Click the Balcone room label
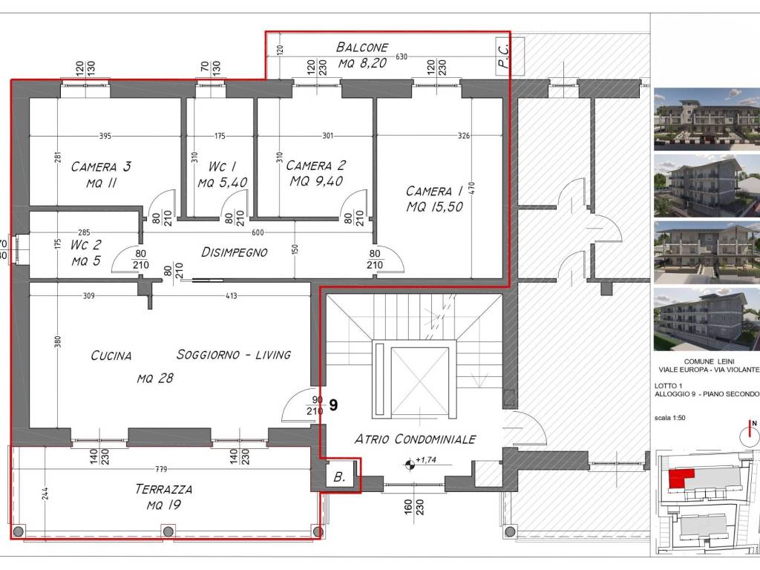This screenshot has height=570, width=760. click(362, 47)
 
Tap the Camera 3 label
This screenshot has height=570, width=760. click(101, 167)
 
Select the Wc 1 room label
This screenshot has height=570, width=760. click(222, 166)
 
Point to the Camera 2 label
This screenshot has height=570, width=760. click(315, 166)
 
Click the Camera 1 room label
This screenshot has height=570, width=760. click(434, 191)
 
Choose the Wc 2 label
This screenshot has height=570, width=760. click(85, 245)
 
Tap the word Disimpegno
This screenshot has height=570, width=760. click(234, 252)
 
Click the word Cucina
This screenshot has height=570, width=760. click(111, 356)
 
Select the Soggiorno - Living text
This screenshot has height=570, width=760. click(234, 355)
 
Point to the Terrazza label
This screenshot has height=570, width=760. click(164, 489)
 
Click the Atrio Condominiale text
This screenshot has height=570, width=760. click(416, 439)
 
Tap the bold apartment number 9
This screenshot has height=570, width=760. click(333, 404)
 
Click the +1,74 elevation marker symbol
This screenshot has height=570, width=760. click(410, 465)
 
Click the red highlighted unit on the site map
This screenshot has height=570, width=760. click(681, 478)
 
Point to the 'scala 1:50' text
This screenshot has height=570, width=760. click(669, 418)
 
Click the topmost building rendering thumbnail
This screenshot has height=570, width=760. click(707, 119)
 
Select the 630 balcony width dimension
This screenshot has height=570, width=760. click(402, 56)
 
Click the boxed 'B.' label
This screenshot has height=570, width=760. click(339, 477)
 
